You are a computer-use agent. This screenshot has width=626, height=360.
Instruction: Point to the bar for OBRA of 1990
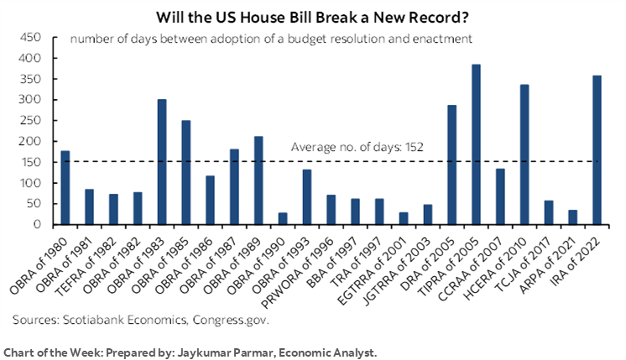(x=283, y=218)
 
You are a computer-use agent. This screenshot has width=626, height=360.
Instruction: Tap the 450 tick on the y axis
(x=30, y=38)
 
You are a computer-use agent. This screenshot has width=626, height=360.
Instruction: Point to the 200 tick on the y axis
(x=30, y=141)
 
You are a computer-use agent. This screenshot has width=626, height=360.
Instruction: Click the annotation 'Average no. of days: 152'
(x=357, y=147)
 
